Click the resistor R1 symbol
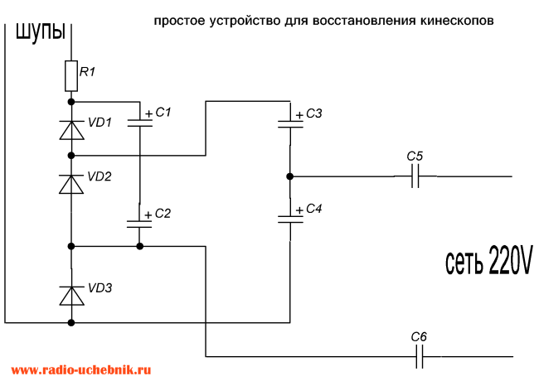(x=71, y=76)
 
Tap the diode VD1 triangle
(x=71, y=130)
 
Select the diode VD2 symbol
(x=71, y=184)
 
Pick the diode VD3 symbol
(x=71, y=296)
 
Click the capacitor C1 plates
(x=140, y=123)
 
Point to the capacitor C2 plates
(x=139, y=224)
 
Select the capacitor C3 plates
(x=290, y=124)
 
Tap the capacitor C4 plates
(x=290, y=219)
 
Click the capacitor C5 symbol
(x=415, y=176)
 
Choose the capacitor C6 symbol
(x=420, y=357)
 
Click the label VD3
(x=100, y=288)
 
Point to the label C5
(x=415, y=157)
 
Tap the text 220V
(x=510, y=259)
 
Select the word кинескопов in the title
(x=457, y=21)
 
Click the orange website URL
(x=81, y=369)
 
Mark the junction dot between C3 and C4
(x=289, y=176)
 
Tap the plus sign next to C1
(x=148, y=113)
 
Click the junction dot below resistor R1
(x=71, y=102)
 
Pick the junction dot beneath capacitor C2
(x=139, y=246)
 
